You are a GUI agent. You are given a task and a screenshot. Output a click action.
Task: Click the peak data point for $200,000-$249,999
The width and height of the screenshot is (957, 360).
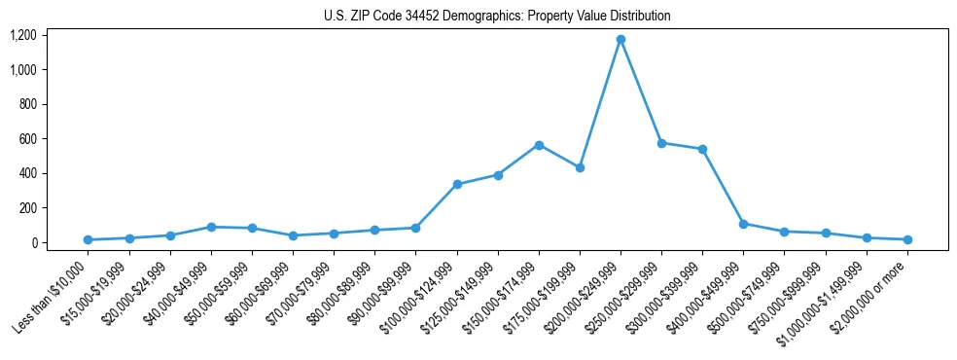pos(620,40)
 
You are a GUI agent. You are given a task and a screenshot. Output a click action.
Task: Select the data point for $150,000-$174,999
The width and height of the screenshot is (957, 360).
pos(539,145)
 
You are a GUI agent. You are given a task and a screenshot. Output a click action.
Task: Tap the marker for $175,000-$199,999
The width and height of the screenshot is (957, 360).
pos(580,167)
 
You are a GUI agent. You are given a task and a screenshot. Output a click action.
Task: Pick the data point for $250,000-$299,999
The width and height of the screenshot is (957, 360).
pos(661,143)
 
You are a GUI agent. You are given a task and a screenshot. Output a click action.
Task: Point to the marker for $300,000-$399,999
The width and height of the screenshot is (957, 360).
pos(702,149)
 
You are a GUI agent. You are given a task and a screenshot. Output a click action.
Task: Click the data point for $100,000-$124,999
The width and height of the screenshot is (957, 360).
pos(457,184)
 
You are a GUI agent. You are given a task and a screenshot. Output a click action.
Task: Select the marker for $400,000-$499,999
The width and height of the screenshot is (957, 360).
pos(743,224)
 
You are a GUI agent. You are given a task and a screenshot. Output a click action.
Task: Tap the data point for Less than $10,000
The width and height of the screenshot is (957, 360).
pos(89,239)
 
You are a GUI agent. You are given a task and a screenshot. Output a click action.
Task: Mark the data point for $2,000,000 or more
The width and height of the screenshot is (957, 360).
pos(906,239)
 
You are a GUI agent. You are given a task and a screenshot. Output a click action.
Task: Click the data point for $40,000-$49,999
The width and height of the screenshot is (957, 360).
pos(211,227)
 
